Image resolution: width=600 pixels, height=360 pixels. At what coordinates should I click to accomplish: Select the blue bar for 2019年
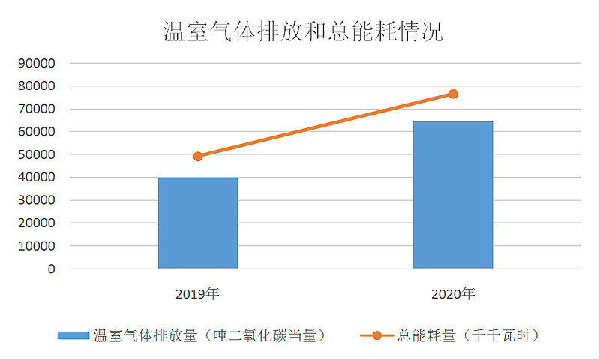[198, 223]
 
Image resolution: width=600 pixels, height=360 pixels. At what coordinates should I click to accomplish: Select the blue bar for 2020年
[453, 195]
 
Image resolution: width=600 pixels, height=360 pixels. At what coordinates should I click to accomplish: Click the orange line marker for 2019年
[198, 156]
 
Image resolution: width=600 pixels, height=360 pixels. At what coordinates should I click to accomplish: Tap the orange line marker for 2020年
[453, 94]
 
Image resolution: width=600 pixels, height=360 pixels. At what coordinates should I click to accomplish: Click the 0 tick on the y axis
[52, 268]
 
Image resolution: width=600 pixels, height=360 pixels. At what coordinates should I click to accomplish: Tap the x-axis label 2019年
[198, 294]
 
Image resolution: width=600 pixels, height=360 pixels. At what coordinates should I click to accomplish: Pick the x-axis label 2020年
[453, 294]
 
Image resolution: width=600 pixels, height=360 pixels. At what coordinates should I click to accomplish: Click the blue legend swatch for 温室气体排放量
[73, 335]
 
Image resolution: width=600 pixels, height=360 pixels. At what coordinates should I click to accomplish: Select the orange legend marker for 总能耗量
[377, 335]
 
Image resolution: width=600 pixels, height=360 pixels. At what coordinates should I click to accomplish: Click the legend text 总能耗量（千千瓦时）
[468, 335]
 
